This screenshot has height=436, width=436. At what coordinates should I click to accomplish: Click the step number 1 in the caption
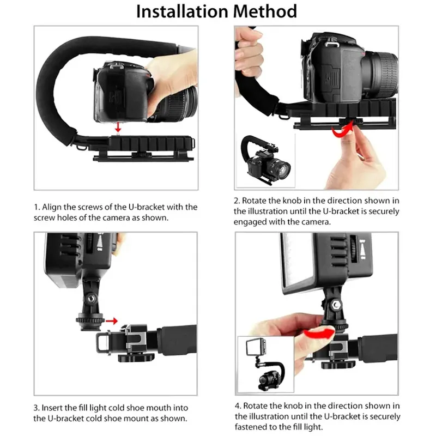(36, 208)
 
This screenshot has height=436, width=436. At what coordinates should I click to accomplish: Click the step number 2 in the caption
(237, 201)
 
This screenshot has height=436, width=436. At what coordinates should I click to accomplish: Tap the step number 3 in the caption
(36, 408)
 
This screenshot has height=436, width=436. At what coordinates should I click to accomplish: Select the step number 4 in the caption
(237, 406)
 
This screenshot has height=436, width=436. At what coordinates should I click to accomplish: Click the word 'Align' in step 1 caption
(53, 208)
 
